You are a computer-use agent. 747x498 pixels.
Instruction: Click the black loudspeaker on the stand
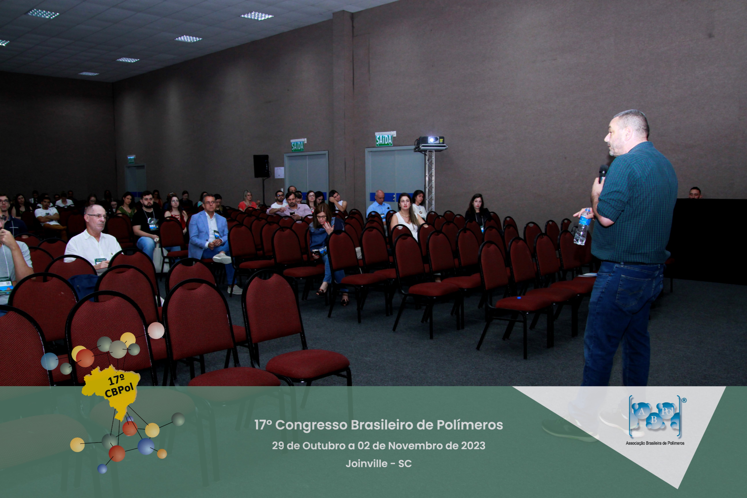[261, 166]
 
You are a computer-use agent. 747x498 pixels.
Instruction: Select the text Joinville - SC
[379, 464]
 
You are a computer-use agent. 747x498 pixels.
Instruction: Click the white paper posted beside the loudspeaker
[279, 172]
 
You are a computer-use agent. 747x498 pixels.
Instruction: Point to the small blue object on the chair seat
[519, 298]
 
